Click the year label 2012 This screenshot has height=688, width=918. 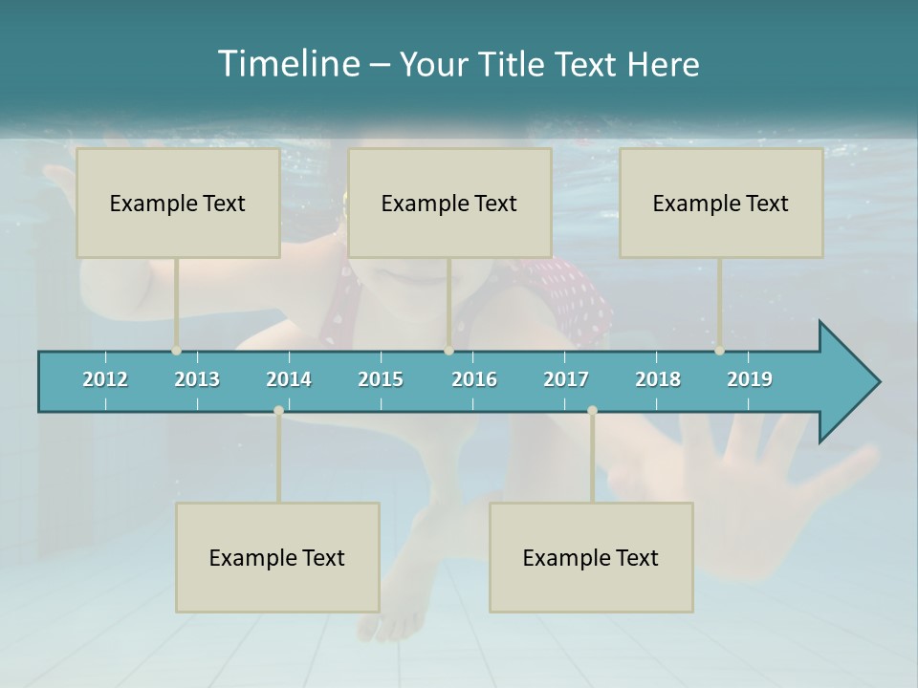click(x=105, y=379)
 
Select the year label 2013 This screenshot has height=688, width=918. click(x=197, y=379)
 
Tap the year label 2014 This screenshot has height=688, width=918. click(x=289, y=379)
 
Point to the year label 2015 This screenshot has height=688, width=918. click(x=381, y=379)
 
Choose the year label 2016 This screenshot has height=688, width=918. click(x=474, y=379)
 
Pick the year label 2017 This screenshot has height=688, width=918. click(x=566, y=379)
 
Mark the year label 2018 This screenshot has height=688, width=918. click(x=658, y=379)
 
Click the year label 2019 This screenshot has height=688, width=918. click(x=750, y=379)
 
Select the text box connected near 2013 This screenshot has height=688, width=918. click(x=178, y=203)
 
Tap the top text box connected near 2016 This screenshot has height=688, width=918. click(x=449, y=203)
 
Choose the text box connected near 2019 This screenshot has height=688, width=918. click(x=721, y=203)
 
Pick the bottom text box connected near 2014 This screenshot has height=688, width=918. click(x=277, y=557)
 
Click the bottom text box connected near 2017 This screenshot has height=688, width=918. click(x=591, y=557)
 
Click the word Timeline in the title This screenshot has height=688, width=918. click(x=288, y=64)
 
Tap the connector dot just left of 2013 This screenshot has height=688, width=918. click(x=177, y=351)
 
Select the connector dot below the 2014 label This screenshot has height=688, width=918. click(x=278, y=411)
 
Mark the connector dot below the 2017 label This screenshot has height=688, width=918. click(x=592, y=411)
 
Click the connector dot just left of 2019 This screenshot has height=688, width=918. click(x=720, y=351)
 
